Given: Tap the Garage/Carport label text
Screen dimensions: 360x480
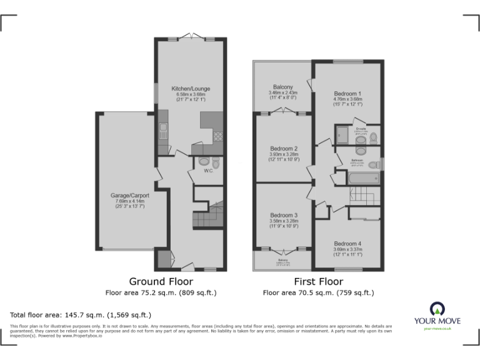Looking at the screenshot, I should [x=130, y=195].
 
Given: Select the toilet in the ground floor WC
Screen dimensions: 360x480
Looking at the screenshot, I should [x=204, y=162].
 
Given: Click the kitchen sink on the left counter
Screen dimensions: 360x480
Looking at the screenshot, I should [x=163, y=131].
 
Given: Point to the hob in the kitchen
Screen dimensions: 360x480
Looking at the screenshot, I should [x=218, y=136].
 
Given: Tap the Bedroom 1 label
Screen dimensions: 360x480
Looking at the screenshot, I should [x=347, y=93].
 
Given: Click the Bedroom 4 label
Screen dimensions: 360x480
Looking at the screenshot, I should [x=347, y=244].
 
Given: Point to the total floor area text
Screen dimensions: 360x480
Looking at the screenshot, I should [x=81, y=314].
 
